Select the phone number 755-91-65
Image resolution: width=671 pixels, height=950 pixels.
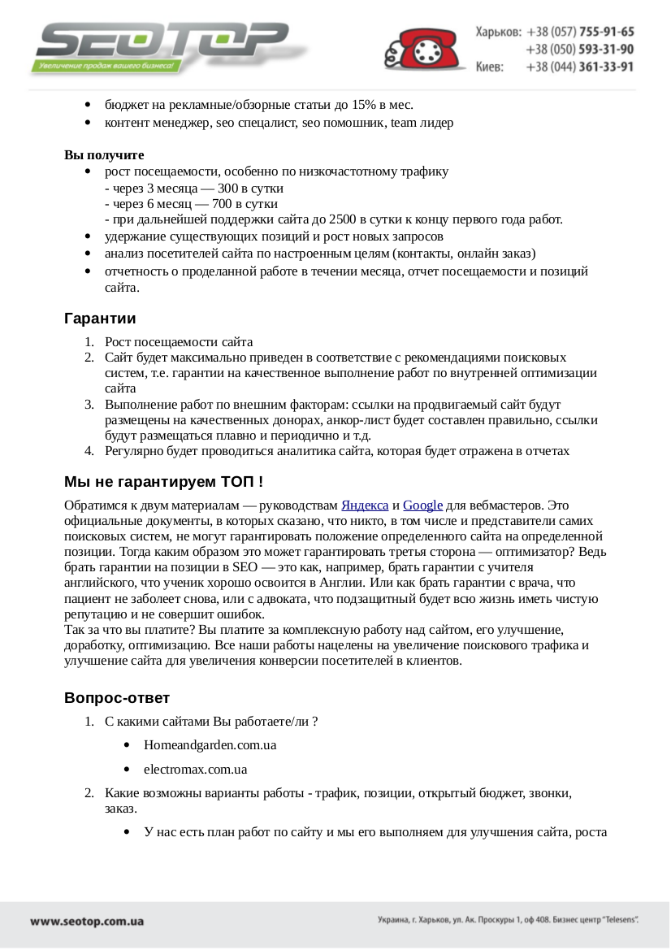click(x=606, y=32)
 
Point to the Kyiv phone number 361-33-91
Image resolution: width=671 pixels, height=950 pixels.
click(x=606, y=67)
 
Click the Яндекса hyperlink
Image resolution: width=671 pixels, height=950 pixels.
click(x=365, y=505)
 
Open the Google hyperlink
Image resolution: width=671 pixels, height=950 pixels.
click(x=422, y=505)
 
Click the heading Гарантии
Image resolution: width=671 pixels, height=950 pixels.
click(x=100, y=319)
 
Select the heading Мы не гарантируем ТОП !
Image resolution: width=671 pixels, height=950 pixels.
click(x=163, y=482)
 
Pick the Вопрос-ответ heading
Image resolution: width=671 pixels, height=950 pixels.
click(x=117, y=698)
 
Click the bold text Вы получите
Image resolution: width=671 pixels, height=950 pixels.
click(x=104, y=155)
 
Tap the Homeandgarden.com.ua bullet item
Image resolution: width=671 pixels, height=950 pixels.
click(x=210, y=744)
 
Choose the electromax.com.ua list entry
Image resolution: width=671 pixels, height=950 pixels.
click(x=195, y=769)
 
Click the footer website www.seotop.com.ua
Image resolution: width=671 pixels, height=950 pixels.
click(x=87, y=922)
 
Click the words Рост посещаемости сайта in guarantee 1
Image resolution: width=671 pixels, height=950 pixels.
click(x=179, y=342)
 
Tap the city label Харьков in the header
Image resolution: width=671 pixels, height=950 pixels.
click(x=498, y=32)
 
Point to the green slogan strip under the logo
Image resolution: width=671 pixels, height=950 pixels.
click(x=104, y=66)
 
